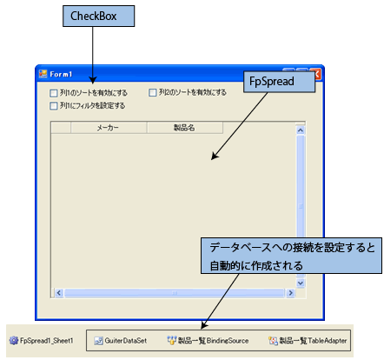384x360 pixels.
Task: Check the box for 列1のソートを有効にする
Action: point(54,93)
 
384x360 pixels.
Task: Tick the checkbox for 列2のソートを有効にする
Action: point(152,92)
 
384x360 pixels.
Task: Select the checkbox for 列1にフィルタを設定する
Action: point(54,106)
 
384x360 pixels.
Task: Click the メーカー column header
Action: point(109,128)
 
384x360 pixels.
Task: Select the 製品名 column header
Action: point(185,128)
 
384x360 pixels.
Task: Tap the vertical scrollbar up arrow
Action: point(301,130)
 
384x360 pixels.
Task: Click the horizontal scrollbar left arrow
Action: point(59,293)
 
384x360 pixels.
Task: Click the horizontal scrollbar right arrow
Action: point(290,293)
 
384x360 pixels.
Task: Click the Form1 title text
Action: point(61,75)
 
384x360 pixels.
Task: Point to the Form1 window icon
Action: point(43,74)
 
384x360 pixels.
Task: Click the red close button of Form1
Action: point(316,75)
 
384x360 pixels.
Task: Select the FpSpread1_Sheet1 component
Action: point(41,341)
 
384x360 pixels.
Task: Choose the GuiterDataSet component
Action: point(121,341)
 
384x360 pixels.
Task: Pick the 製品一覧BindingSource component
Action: point(208,341)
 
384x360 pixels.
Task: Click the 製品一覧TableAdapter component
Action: point(308,341)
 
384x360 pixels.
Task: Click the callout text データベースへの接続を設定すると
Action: point(292,248)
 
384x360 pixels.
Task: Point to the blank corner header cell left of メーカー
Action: point(61,128)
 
